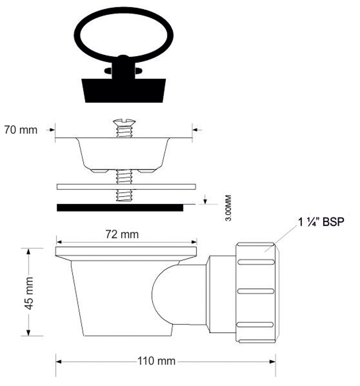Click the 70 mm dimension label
(x=21, y=130)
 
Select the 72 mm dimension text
(x=122, y=234)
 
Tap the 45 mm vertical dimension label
(x=29, y=293)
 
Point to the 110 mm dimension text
(x=156, y=361)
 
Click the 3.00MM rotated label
(x=228, y=208)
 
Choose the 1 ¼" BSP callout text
(x=321, y=222)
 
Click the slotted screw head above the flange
(x=124, y=122)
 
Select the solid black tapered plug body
(x=123, y=90)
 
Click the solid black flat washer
(x=120, y=208)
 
